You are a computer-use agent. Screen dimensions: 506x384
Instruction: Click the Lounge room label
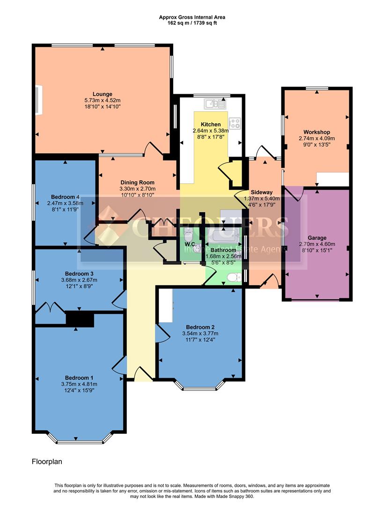click(x=102, y=94)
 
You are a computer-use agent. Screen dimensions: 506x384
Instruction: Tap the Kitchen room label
click(x=211, y=124)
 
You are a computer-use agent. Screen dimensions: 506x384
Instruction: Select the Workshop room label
click(x=317, y=132)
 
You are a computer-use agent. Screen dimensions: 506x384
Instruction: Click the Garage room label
click(x=317, y=238)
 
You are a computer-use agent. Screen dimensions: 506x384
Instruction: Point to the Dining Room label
click(x=137, y=183)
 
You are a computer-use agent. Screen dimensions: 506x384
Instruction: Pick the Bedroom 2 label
click(x=200, y=327)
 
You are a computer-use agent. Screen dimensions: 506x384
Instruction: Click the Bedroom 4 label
click(x=65, y=197)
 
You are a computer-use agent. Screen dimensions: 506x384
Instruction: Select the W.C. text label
click(x=190, y=244)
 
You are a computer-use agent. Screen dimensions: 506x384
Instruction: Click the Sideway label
click(x=261, y=192)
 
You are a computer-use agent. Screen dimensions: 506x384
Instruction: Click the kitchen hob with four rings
click(x=235, y=124)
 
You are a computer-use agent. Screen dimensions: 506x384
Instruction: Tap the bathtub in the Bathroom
click(x=223, y=236)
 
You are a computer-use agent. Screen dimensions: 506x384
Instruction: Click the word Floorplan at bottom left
click(x=47, y=461)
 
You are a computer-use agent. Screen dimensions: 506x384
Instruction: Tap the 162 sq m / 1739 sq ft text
click(x=192, y=22)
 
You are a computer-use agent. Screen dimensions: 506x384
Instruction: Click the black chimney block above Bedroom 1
click(x=80, y=320)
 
